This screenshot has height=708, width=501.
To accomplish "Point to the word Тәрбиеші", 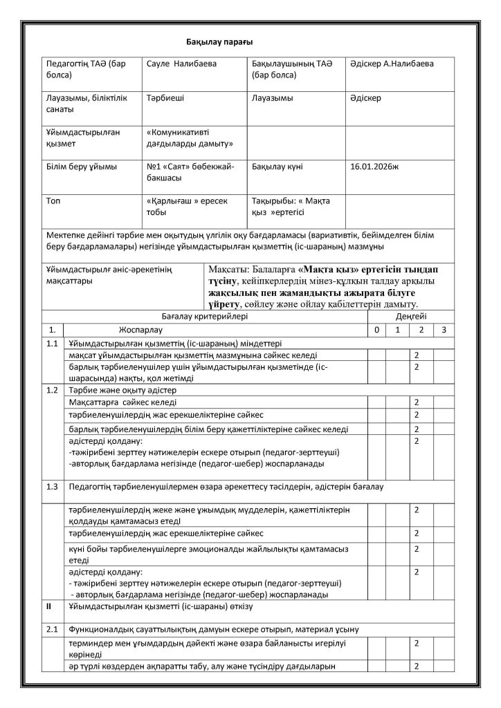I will click(x=165, y=98).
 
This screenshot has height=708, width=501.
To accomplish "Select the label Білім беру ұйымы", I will click(x=81, y=167).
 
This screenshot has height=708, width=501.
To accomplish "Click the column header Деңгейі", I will click(x=410, y=315).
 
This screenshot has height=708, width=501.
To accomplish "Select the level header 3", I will click(x=444, y=329).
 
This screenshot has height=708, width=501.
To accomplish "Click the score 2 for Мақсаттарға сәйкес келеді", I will click(x=417, y=402).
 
